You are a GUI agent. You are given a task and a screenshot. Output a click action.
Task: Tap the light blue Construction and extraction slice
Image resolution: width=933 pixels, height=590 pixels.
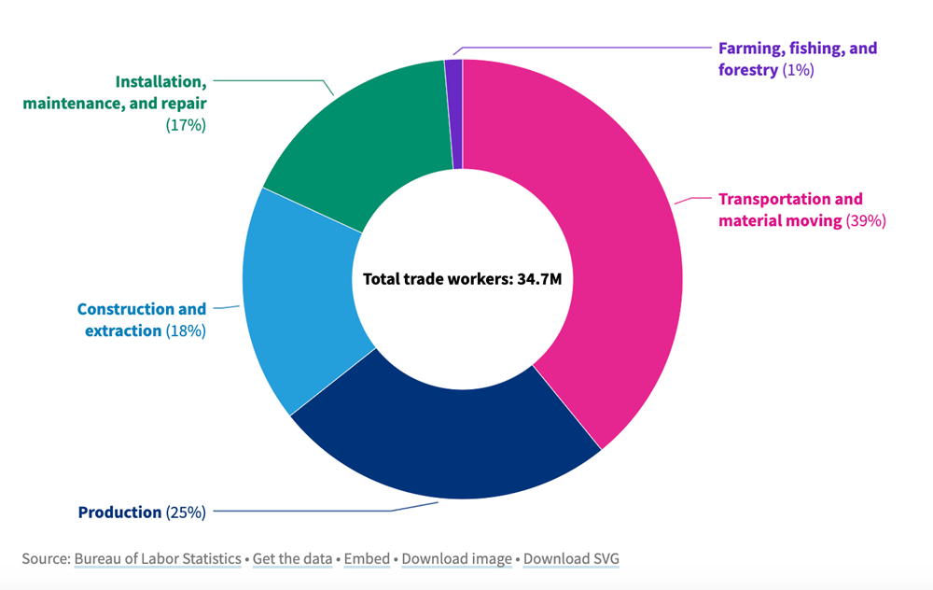(x=299, y=299)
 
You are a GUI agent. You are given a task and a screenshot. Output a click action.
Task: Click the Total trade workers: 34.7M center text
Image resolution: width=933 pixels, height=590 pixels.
(x=462, y=279)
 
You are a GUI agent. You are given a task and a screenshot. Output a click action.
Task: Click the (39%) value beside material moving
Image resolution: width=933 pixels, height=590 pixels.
(x=865, y=221)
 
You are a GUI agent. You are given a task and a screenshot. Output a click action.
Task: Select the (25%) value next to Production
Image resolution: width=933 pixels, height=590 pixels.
(x=186, y=512)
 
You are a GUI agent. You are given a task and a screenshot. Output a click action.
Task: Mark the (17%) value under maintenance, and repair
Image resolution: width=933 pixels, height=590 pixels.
(x=186, y=124)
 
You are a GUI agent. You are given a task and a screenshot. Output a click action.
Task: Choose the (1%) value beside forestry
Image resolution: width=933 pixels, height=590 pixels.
(x=798, y=70)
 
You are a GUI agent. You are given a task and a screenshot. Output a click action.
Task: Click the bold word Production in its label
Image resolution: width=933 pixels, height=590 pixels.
(x=119, y=512)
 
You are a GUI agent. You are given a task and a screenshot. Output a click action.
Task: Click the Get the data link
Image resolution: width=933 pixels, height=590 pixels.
(x=293, y=559)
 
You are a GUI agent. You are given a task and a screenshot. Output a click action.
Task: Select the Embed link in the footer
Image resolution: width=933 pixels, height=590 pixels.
(x=367, y=559)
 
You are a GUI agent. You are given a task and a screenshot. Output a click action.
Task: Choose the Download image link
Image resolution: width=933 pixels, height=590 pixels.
(x=457, y=559)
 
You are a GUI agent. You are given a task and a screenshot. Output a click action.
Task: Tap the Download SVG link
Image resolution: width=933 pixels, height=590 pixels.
(x=571, y=559)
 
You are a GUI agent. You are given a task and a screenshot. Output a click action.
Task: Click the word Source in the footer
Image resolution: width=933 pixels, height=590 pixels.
(x=44, y=559)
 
